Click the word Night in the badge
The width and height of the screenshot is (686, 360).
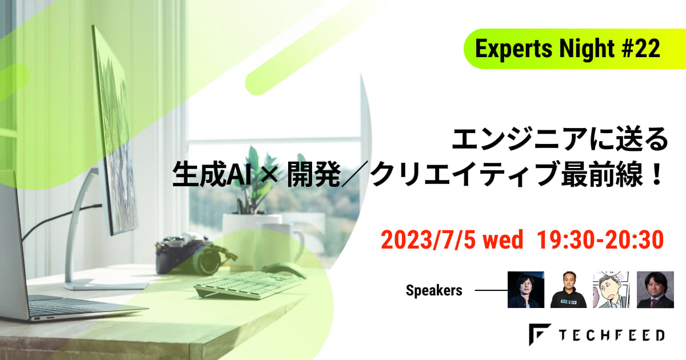pyautogui.click(x=587, y=49)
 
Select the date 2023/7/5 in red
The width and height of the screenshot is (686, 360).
pyautogui.click(x=428, y=239)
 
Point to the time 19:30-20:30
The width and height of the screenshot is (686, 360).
pyautogui.click(x=600, y=239)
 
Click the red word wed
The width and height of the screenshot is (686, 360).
pyautogui.click(x=503, y=239)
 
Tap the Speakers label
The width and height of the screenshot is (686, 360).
pyautogui.click(x=434, y=290)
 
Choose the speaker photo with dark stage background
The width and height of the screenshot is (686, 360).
pyautogui.click(x=526, y=290)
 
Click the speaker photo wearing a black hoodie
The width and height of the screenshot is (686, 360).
pyautogui.click(x=568, y=290)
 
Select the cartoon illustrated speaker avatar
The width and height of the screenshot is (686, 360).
pyautogui.click(x=611, y=290)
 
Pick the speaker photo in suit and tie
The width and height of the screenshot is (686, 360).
pyautogui.click(x=655, y=290)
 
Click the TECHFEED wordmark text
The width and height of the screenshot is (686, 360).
pyautogui.click(x=611, y=335)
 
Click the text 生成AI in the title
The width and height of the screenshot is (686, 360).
pyautogui.click(x=212, y=175)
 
